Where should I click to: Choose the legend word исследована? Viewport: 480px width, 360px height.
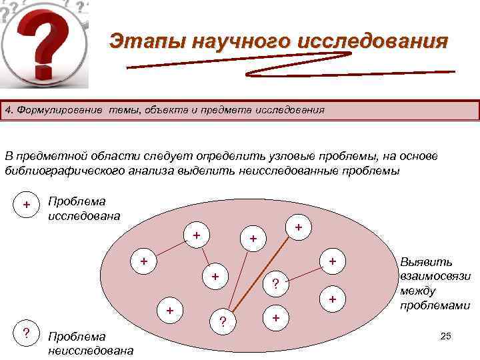[84, 215]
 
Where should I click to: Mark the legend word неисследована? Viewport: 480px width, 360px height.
[91, 350]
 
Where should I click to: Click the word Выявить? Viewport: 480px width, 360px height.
[426, 263]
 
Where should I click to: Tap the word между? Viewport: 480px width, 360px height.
[418, 291]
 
